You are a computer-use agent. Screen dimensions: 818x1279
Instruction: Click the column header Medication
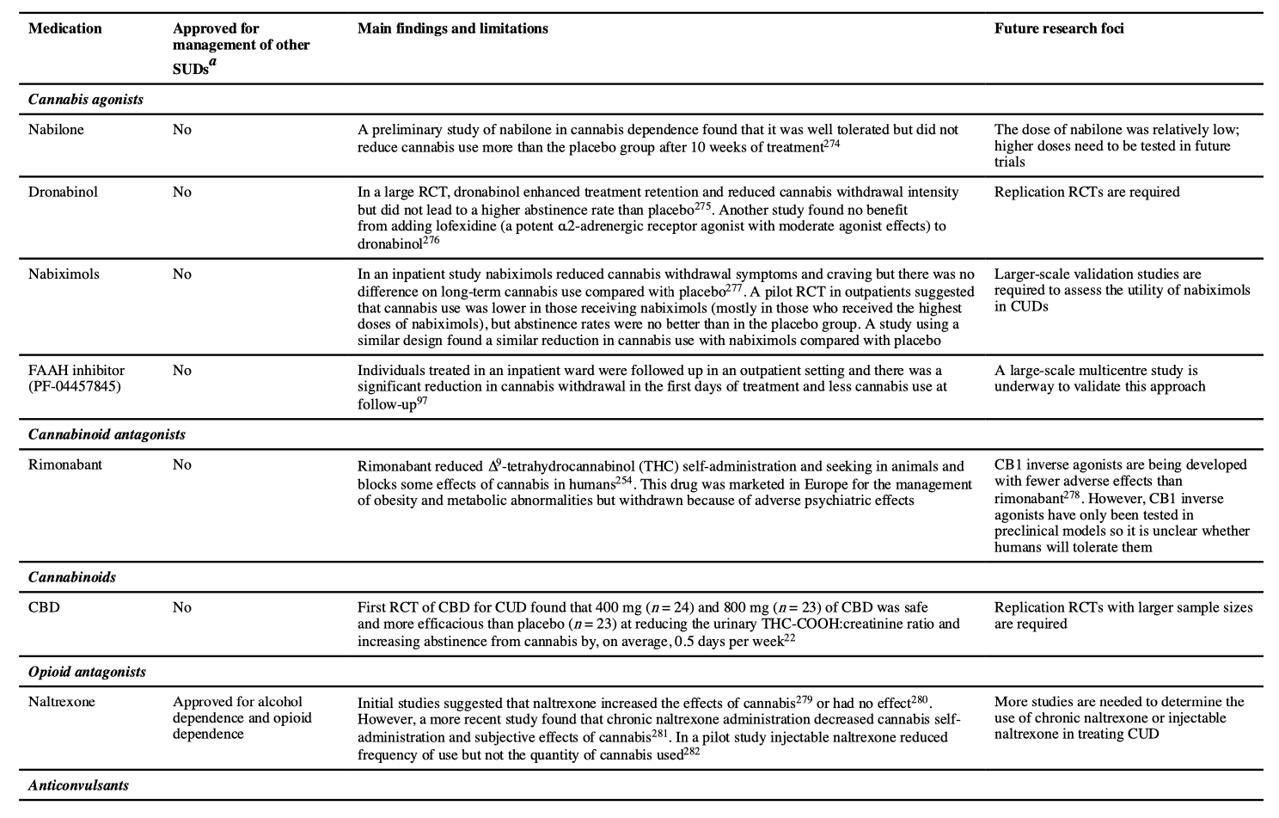click(64, 28)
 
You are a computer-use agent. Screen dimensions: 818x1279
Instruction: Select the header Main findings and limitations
click(452, 28)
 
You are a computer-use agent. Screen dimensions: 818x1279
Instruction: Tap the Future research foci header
click(1058, 28)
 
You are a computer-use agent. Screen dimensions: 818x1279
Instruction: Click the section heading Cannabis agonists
click(85, 99)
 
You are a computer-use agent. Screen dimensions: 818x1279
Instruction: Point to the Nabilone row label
click(56, 130)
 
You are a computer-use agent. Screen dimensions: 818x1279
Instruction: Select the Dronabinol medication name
click(63, 192)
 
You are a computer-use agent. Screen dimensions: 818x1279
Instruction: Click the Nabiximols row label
click(64, 274)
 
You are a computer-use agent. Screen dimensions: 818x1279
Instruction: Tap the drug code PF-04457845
click(75, 386)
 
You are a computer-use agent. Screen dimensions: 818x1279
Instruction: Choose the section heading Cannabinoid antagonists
click(107, 434)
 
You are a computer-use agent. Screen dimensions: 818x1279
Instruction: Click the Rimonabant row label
click(65, 464)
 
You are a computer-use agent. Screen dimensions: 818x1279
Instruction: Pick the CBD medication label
click(44, 607)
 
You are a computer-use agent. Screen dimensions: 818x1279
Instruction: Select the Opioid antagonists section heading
click(87, 672)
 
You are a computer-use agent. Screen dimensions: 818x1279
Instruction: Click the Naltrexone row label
click(62, 702)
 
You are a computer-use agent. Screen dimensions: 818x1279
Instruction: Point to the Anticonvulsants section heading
click(78, 785)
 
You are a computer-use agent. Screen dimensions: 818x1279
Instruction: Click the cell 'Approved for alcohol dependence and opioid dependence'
click(242, 717)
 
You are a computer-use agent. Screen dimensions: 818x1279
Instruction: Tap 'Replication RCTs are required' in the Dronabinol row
click(1086, 192)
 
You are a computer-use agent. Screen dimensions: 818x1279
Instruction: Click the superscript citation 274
click(831, 144)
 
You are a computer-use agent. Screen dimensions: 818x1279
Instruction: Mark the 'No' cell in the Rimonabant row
click(181, 464)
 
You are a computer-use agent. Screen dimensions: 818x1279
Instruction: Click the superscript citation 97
click(422, 400)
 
